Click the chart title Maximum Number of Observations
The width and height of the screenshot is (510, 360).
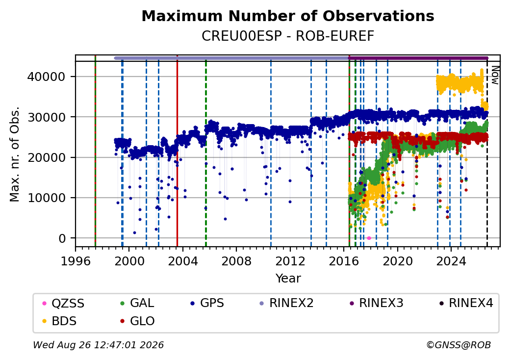(x=288, y=16)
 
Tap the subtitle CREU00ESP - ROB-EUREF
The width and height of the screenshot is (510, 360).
(x=288, y=36)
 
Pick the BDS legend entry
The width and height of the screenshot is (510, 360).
(x=60, y=321)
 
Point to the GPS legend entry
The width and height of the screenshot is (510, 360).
(x=207, y=303)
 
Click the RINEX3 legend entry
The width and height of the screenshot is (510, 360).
(x=376, y=303)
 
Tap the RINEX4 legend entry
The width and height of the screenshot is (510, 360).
(x=466, y=303)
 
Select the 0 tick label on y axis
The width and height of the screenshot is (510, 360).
(x=62, y=238)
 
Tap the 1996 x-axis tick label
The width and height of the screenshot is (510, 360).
(x=76, y=261)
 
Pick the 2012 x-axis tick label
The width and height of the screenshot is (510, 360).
(x=290, y=261)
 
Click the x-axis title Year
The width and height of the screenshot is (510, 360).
(x=288, y=279)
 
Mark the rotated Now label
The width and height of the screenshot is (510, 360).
(x=495, y=75)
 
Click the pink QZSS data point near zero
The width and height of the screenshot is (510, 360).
(x=369, y=238)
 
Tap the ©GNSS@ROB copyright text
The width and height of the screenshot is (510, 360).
(x=459, y=345)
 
